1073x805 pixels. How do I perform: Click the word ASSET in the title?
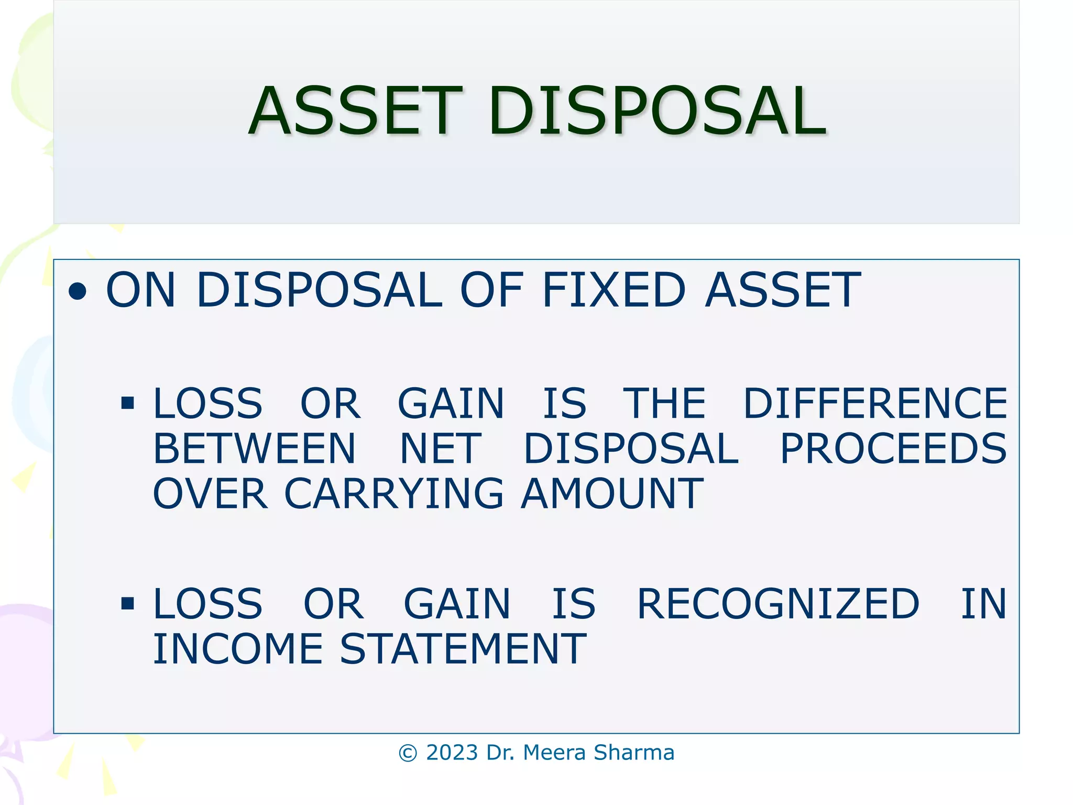point(355,111)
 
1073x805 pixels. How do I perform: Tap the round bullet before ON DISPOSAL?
point(78,291)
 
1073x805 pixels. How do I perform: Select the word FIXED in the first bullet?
point(613,290)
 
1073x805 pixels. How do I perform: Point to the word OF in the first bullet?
point(491,290)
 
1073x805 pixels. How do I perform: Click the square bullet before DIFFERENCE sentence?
point(127,403)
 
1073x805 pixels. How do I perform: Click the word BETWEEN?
point(255,449)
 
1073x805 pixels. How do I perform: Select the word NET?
point(440,449)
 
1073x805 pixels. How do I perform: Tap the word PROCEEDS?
point(893,449)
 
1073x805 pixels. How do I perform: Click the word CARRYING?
point(393,494)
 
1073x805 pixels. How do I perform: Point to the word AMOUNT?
point(612,494)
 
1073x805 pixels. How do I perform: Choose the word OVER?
point(210,494)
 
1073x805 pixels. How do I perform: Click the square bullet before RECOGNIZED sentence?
point(127,604)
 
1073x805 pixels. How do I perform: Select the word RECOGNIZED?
point(778,604)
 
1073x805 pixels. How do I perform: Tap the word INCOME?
point(238,649)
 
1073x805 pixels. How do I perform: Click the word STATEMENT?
point(463,649)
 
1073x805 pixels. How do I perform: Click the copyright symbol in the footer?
point(408,753)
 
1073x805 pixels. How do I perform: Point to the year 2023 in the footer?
point(452,753)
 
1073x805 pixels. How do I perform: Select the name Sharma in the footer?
point(634,753)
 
